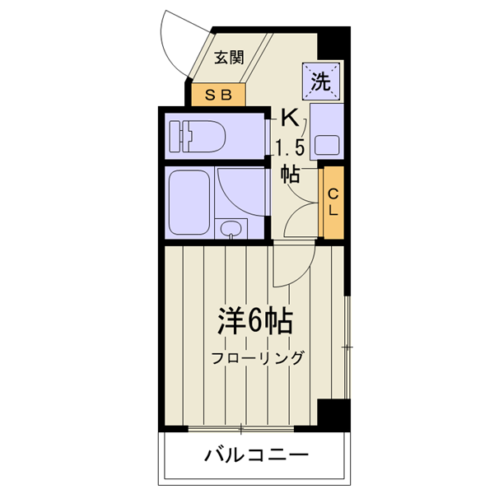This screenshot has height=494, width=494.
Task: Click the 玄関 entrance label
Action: tap(230, 58)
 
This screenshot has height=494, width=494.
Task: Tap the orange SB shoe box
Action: tap(219, 94)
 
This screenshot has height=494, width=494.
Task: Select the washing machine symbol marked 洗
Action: tap(320, 81)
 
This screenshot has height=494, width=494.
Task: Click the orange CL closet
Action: tap(333, 202)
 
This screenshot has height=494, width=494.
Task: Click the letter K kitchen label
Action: tap(289, 118)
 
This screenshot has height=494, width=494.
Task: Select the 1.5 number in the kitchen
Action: tap(290, 148)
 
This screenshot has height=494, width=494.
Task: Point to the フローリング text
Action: tap(257, 358)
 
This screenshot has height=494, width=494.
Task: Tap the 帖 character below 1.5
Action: tap(290, 174)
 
